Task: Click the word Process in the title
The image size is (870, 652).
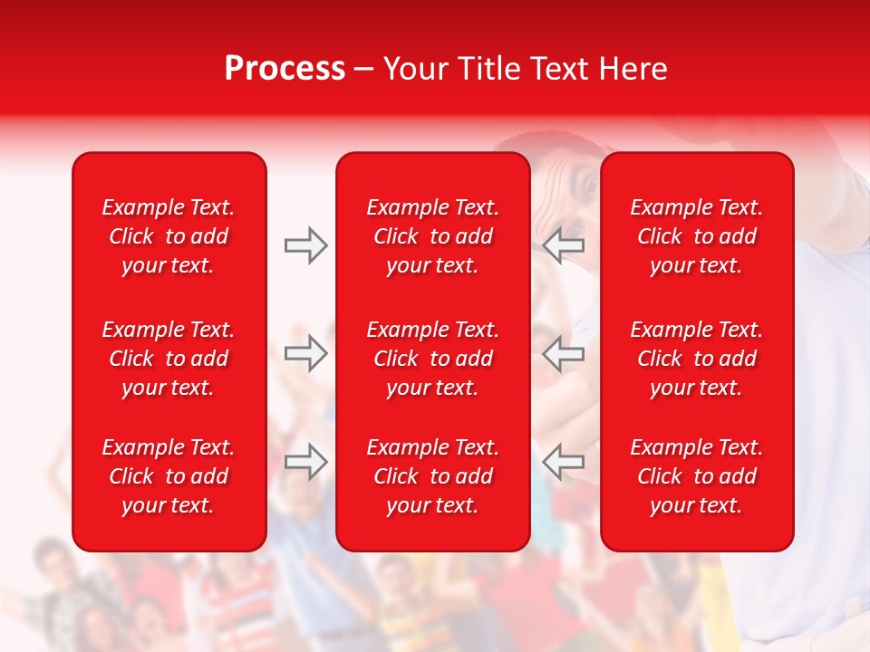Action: pos(285,69)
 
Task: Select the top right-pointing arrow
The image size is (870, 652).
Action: pos(305,245)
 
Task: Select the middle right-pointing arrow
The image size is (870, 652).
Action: pos(305,353)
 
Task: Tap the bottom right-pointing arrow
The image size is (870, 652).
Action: pos(305,462)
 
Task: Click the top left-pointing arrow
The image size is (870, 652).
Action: pos(564,245)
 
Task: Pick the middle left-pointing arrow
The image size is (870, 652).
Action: pos(564,353)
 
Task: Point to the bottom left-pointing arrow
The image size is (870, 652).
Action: pos(564,462)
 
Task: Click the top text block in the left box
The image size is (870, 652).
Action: pos(169,236)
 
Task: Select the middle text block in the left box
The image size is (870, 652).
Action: pos(169,359)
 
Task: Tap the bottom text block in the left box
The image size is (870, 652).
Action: pos(169,476)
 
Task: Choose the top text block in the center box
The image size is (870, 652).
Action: pos(433,236)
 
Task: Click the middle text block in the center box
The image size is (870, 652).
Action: pos(433,359)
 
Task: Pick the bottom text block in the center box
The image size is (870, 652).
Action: pos(433,476)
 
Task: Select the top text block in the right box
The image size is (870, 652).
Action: pos(697,236)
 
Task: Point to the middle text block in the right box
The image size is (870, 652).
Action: pos(697,359)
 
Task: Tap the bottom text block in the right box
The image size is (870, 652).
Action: pos(697,476)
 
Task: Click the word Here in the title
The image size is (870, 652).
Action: pos(633,69)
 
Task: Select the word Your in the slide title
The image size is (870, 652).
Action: pos(415,69)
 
